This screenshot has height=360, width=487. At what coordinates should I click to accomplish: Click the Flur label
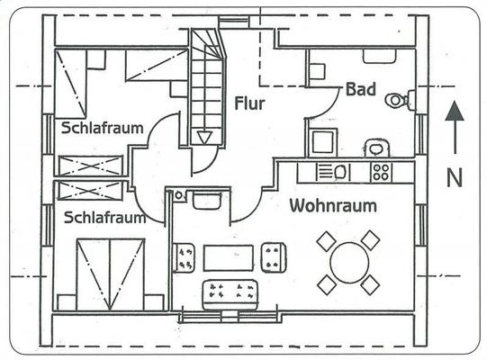point(249,103)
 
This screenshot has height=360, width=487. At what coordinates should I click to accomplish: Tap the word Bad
point(361,89)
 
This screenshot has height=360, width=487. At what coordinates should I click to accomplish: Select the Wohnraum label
point(333,205)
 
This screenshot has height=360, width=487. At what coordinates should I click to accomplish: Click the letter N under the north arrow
point(455,177)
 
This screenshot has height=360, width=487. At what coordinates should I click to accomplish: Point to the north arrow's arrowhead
point(455,111)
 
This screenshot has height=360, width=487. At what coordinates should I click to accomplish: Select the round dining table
point(349,263)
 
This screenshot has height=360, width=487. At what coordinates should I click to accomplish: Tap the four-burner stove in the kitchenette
point(381,173)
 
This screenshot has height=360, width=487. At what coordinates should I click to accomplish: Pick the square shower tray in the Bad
point(323,142)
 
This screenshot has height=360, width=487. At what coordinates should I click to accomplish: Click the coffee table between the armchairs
point(229,257)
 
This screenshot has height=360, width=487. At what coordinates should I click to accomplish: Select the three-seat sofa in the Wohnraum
point(230,295)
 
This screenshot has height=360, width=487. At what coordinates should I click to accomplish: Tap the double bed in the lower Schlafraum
point(111,274)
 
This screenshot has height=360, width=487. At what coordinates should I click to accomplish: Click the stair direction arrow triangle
point(204,138)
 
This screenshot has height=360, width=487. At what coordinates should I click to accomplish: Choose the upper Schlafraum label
point(103,128)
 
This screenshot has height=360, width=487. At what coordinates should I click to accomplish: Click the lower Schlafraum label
point(105,218)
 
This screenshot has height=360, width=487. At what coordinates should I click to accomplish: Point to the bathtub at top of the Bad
point(380,56)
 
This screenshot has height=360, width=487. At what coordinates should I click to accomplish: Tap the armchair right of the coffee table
point(274,257)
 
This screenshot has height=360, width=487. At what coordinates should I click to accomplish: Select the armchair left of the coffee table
point(185,258)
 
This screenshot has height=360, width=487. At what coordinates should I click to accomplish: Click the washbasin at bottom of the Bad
point(377,148)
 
